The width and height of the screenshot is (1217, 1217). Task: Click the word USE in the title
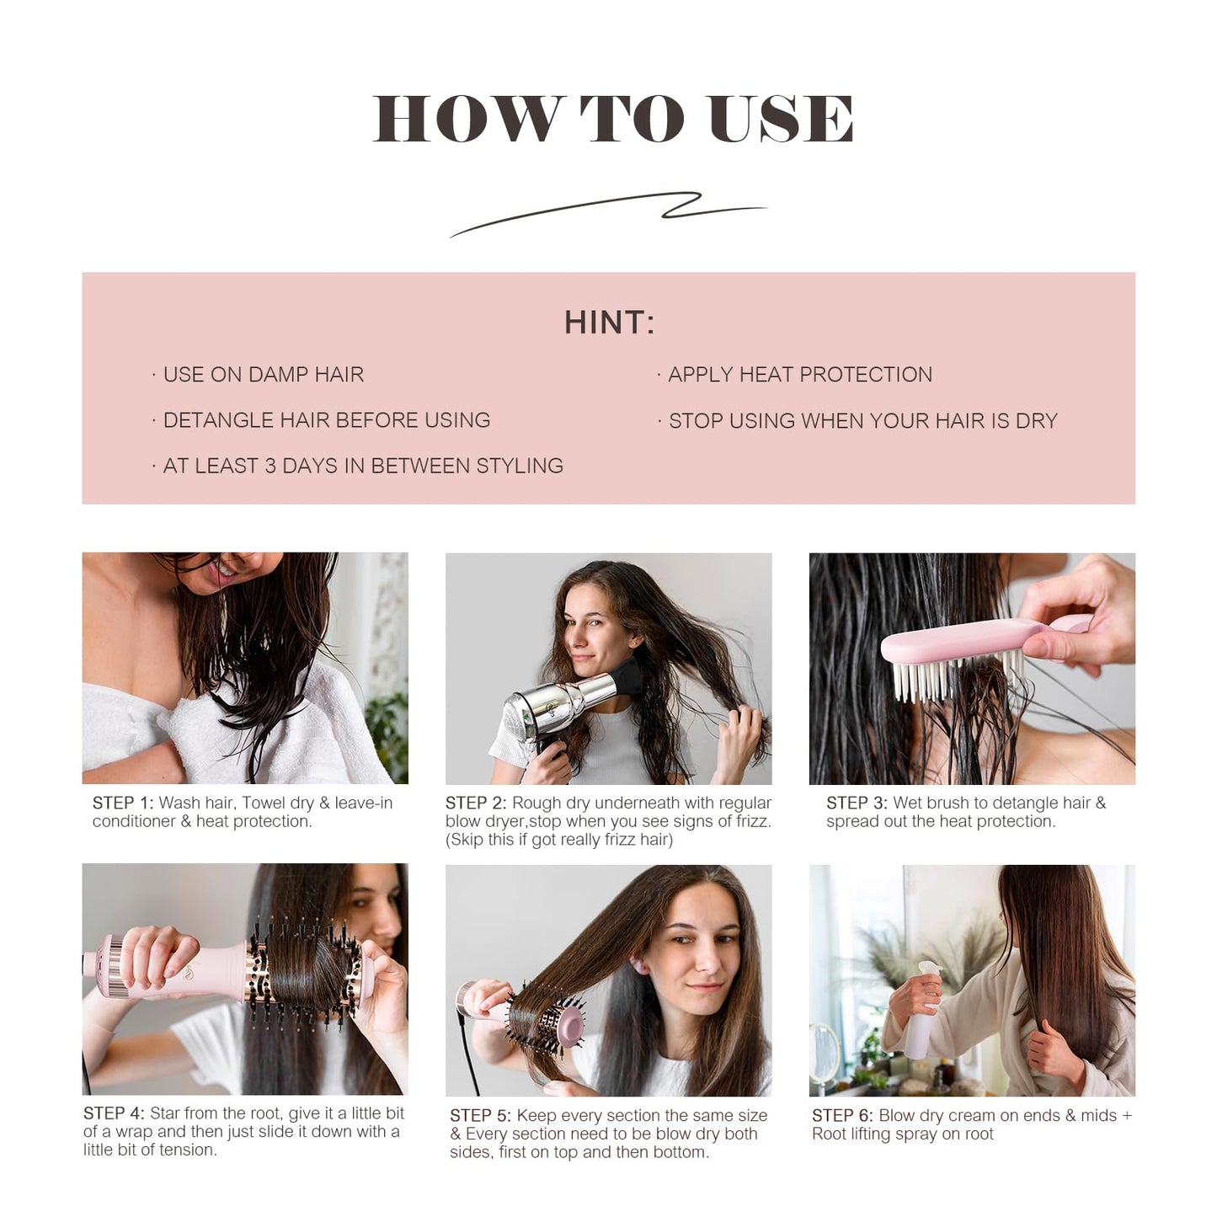781,118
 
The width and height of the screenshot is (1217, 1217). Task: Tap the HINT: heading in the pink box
609,323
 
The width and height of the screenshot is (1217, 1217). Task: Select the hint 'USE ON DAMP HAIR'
263,375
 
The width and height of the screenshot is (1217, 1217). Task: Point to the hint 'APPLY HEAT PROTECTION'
799,375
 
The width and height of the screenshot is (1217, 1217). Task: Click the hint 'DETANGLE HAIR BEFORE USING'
326,420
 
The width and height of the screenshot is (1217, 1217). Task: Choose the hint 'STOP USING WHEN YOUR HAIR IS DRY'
862,421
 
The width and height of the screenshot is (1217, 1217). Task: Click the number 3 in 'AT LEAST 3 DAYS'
270,467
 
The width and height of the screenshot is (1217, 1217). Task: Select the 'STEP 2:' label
476,803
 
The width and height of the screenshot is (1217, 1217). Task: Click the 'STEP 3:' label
857,803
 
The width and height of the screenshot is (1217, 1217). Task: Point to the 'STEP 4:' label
114,1113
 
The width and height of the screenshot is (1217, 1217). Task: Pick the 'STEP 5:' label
480,1116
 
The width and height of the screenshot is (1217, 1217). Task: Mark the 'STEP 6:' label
842,1116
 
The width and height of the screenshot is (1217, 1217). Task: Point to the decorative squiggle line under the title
608,213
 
